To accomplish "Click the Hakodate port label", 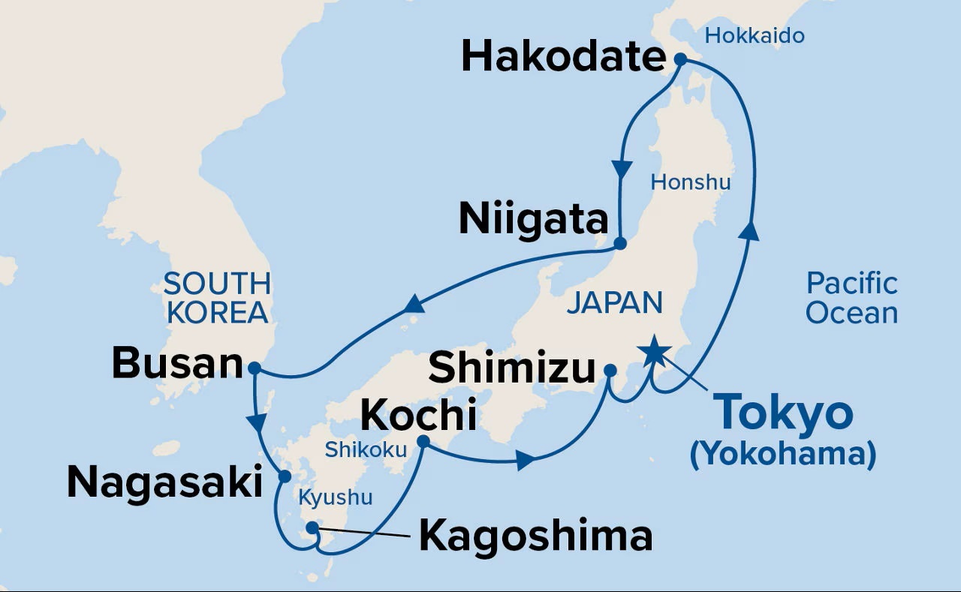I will (x=563, y=57).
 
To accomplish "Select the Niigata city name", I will (x=533, y=219).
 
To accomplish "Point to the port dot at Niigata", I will (x=620, y=243).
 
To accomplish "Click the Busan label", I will (x=177, y=364).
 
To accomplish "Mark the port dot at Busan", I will (x=254, y=368).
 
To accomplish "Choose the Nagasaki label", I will (x=164, y=482).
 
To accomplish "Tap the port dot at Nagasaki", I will (x=285, y=476).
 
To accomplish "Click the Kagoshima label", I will (x=535, y=536).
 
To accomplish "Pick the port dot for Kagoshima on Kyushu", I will (x=313, y=530).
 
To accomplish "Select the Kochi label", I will (x=419, y=414).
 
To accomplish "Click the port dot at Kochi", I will (x=423, y=442).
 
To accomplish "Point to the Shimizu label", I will (x=512, y=368).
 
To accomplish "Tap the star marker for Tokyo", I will (x=653, y=347).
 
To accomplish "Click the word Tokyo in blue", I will (x=783, y=412).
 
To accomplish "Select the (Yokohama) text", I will (x=783, y=454).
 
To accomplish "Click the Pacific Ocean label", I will (x=851, y=298).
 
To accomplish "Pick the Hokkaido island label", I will (x=755, y=35).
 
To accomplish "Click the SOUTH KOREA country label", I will (x=217, y=298).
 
